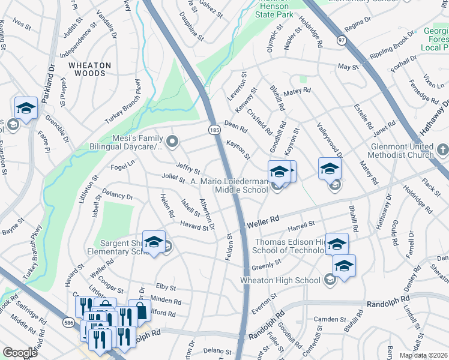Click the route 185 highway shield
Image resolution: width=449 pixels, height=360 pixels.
214,129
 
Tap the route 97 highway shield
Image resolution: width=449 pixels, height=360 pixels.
342,40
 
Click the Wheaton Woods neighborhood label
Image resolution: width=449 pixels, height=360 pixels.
89,69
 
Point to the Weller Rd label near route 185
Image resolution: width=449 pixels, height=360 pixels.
263,222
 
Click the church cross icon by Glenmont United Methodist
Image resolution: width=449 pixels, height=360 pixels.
442,148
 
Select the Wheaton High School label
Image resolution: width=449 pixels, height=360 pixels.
280,280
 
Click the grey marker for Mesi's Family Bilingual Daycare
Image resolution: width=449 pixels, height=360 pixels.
173,142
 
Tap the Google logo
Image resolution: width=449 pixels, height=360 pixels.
20,353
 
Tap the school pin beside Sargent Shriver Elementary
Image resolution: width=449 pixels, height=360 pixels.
154,242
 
